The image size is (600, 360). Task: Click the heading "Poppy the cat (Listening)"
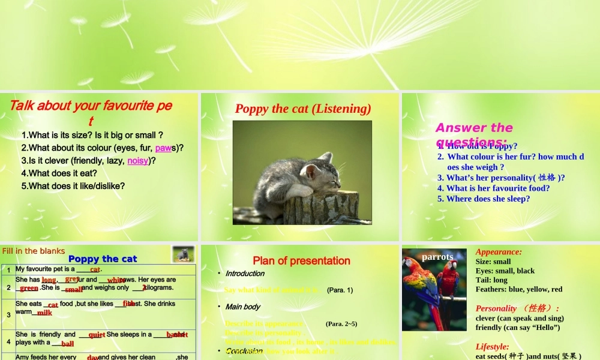click(303, 109)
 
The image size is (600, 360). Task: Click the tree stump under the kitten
click(321, 208)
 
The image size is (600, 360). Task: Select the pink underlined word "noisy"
click(137, 161)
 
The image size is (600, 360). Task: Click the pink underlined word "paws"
click(163, 148)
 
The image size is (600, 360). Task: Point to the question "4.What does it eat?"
click(59, 173)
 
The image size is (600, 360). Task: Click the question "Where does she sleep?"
click(488, 199)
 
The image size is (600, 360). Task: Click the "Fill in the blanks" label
click(34, 251)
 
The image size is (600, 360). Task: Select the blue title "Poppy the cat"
click(103, 259)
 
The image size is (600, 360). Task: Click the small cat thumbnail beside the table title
click(183, 254)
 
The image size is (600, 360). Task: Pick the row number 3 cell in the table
click(8, 314)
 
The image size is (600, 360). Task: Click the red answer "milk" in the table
click(44, 313)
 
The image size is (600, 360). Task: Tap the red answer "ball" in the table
click(67, 344)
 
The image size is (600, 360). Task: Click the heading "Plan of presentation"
click(301, 261)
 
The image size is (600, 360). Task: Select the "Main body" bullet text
click(242, 307)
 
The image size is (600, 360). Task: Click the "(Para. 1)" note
click(340, 290)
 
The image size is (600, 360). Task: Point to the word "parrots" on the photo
click(437, 257)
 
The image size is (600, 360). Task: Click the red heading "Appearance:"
click(499, 252)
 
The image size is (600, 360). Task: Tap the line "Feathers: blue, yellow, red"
click(519, 289)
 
